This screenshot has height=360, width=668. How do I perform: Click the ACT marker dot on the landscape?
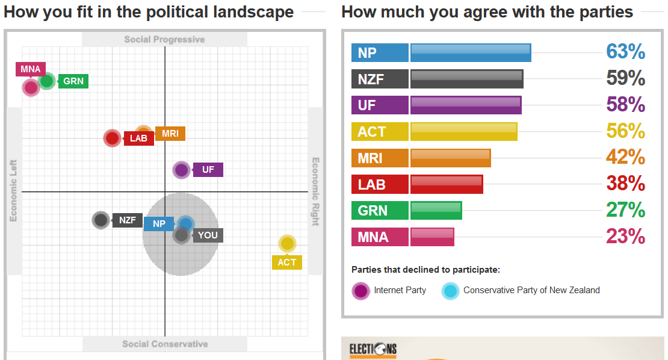[288, 244]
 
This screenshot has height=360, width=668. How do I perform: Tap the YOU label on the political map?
[208, 235]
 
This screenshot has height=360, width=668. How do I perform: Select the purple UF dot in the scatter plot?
[181, 170]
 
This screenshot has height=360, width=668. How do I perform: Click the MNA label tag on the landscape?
[30, 69]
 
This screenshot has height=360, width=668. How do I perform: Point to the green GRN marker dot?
[46, 81]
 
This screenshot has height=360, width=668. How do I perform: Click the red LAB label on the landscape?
[138, 138]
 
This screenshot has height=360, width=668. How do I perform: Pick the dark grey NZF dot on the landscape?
[101, 220]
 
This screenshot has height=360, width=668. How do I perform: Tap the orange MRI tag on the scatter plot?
[170, 134]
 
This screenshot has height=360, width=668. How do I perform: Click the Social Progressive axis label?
[164, 40]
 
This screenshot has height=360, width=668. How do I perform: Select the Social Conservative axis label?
[165, 344]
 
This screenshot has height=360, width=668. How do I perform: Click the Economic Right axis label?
[315, 191]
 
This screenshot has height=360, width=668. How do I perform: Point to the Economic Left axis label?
[13, 191]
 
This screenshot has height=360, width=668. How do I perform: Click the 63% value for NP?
[625, 52]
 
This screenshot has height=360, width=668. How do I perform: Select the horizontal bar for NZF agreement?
[466, 79]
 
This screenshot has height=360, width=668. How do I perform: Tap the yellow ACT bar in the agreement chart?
[463, 131]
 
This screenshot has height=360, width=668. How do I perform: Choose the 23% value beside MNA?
[625, 237]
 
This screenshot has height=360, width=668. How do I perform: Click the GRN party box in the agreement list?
[380, 211]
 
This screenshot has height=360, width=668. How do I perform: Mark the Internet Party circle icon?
[360, 291]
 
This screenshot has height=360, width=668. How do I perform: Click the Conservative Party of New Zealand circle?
[450, 291]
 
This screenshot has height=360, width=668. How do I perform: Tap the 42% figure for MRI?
[625, 158]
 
